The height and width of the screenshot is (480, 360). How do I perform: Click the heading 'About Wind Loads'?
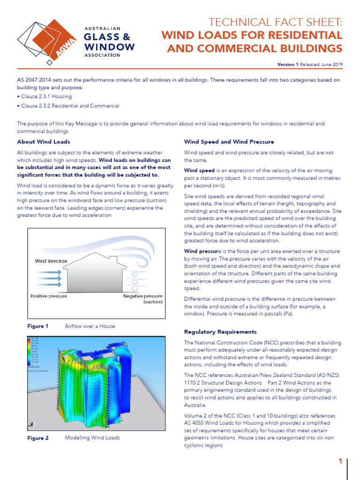click(44, 142)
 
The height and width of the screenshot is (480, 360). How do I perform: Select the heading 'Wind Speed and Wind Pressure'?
click(229, 142)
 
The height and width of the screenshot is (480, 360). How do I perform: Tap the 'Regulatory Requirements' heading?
click(220, 332)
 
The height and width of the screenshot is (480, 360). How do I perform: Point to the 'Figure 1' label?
click(38, 326)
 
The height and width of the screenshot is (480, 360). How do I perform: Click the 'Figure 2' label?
click(38, 438)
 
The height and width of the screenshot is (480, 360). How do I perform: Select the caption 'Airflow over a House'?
click(90, 326)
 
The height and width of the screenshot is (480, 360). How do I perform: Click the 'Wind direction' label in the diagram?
click(51, 261)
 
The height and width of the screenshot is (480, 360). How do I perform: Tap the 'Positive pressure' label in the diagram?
click(48, 296)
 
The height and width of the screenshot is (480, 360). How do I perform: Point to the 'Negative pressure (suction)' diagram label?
click(143, 299)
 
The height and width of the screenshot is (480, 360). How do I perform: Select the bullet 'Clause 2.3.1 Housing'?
click(45, 97)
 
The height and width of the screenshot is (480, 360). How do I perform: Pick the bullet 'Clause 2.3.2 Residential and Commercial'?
click(68, 106)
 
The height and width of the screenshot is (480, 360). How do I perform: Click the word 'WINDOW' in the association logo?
click(109, 47)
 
